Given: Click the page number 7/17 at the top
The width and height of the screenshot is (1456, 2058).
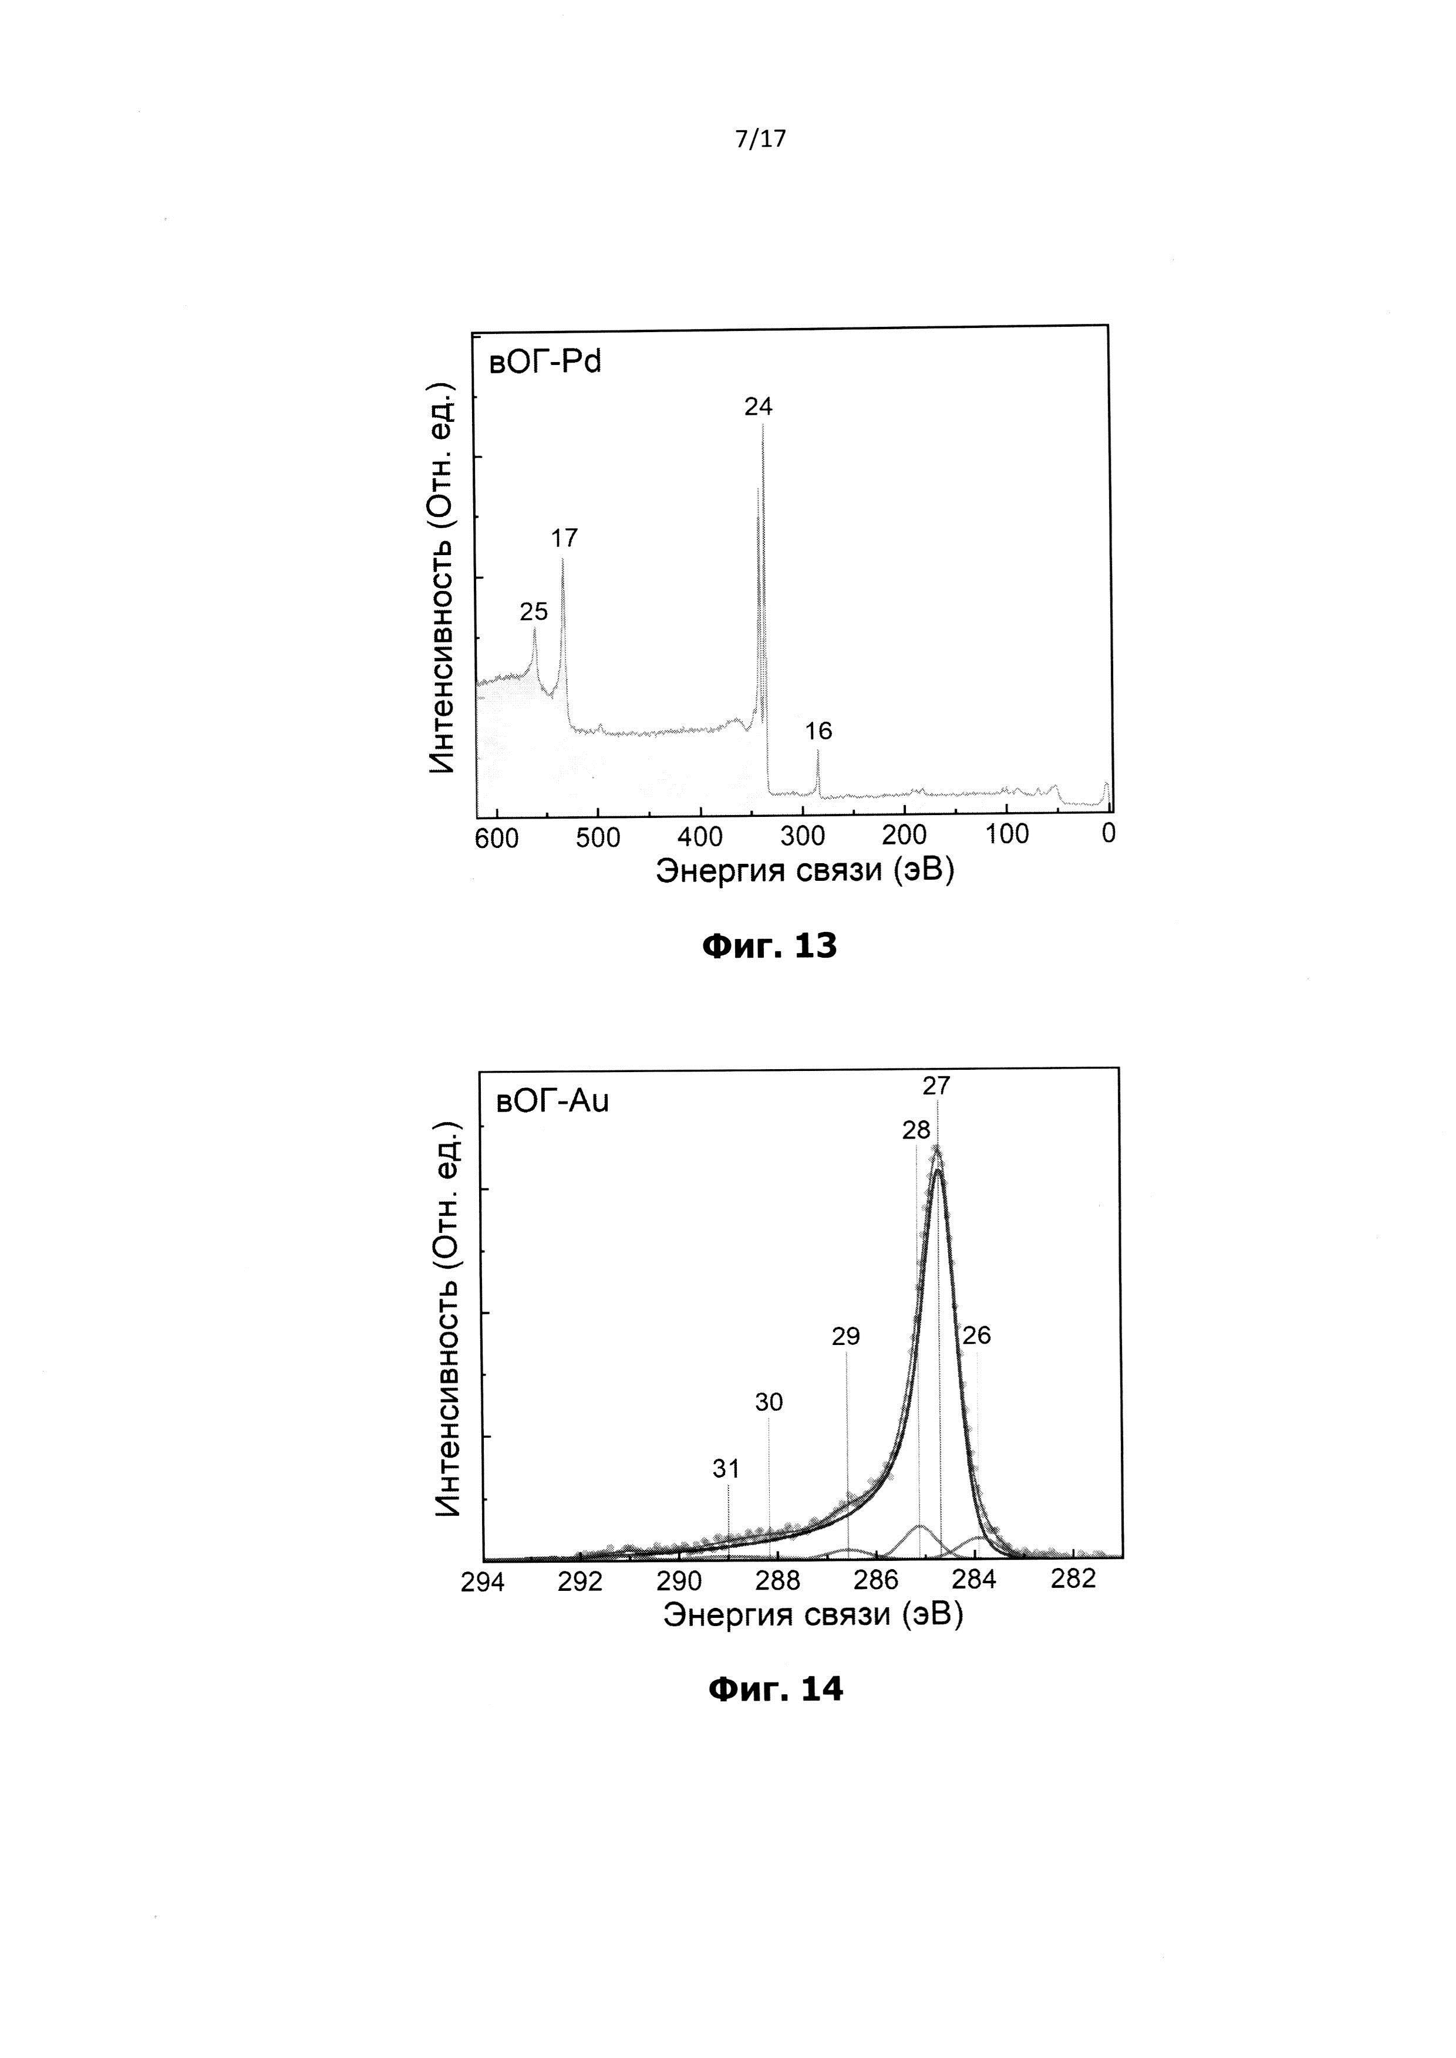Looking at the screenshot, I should pyautogui.click(x=760, y=139).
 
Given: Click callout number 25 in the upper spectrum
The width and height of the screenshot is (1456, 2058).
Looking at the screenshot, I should pyautogui.click(x=534, y=611).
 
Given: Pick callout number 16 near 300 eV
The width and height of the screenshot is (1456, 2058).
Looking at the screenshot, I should pyautogui.click(x=818, y=731).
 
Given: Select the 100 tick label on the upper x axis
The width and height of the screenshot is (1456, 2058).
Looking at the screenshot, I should pyautogui.click(x=1007, y=834).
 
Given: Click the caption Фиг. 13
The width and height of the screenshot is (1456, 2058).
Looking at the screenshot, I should pyautogui.click(x=769, y=945).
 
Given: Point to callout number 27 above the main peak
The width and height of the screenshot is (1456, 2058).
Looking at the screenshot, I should pyautogui.click(x=936, y=1086).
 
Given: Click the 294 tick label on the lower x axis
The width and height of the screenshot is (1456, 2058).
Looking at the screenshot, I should pyautogui.click(x=483, y=1582).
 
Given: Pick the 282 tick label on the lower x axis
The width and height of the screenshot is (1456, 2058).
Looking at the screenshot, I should pyautogui.click(x=1073, y=1579).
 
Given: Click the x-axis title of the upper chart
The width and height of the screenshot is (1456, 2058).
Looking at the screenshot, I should pyautogui.click(x=804, y=870).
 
